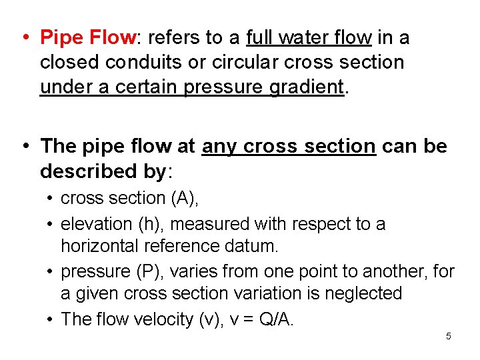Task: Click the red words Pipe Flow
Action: [87, 37]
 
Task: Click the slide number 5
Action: [448, 336]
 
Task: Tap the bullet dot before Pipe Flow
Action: [24, 37]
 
